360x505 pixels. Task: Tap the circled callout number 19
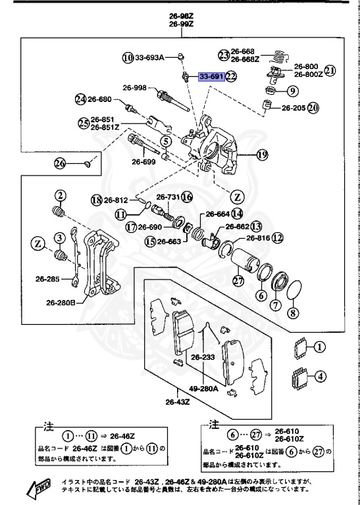coord(263,155)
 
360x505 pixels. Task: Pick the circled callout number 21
coord(330,70)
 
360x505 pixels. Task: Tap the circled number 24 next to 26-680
coord(81,100)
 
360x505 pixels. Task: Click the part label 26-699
coord(143,161)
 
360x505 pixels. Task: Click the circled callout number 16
coord(187,197)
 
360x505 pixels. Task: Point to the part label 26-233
coord(204,358)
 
